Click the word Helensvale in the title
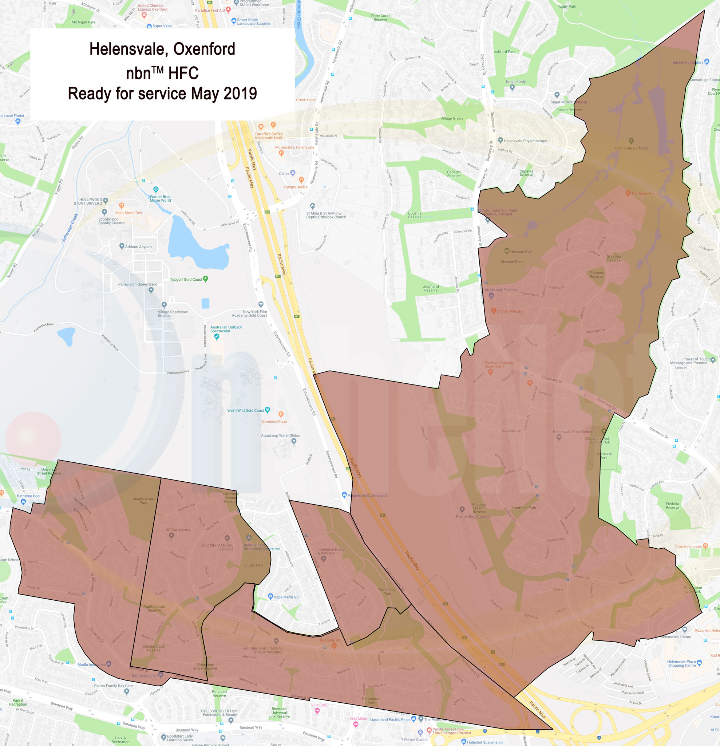pos(128,49)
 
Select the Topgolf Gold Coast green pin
pos(206,279)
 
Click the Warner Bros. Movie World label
pos(160,198)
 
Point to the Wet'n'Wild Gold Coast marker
pos(267,410)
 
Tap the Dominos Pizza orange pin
pos(281,414)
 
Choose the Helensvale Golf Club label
pos(630,148)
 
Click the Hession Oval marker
pos(507,251)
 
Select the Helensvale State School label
pos(572,431)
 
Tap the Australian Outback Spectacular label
pos(226,329)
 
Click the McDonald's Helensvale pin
pos(281,153)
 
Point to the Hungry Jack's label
pos(295,187)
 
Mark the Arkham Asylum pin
pos(122,246)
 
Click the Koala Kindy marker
pos(512,87)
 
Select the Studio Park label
pos(253,565)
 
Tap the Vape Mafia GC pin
pos(270,596)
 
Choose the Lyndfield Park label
pos(524,508)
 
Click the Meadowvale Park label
pos(143,501)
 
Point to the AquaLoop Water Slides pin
pos(294,441)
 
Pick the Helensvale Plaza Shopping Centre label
pos(681,663)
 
